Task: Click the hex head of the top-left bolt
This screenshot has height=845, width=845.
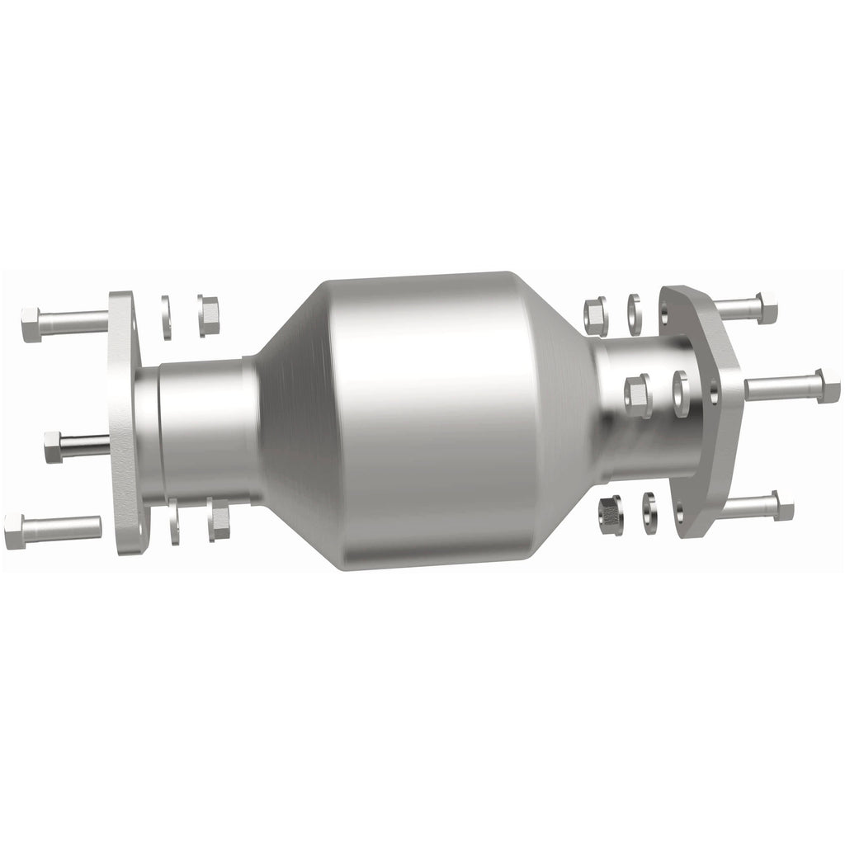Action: [x=31, y=324]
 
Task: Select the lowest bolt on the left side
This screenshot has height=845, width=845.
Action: [x=50, y=530]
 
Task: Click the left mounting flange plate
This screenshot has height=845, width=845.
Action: [x=127, y=421]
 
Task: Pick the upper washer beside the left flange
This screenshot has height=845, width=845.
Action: [x=166, y=317]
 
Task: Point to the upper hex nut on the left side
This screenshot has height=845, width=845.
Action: [x=209, y=315]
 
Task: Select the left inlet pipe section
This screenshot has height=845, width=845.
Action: [x=203, y=430]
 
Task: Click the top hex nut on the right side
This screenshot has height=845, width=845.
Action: [x=595, y=315]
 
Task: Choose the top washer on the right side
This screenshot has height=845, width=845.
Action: [x=634, y=314]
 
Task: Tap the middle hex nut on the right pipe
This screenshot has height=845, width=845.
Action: [x=638, y=395]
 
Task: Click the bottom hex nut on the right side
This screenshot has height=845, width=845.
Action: [x=610, y=516]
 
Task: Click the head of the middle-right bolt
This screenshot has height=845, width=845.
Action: [x=828, y=385]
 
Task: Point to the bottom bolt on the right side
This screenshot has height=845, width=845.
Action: [x=756, y=506]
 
